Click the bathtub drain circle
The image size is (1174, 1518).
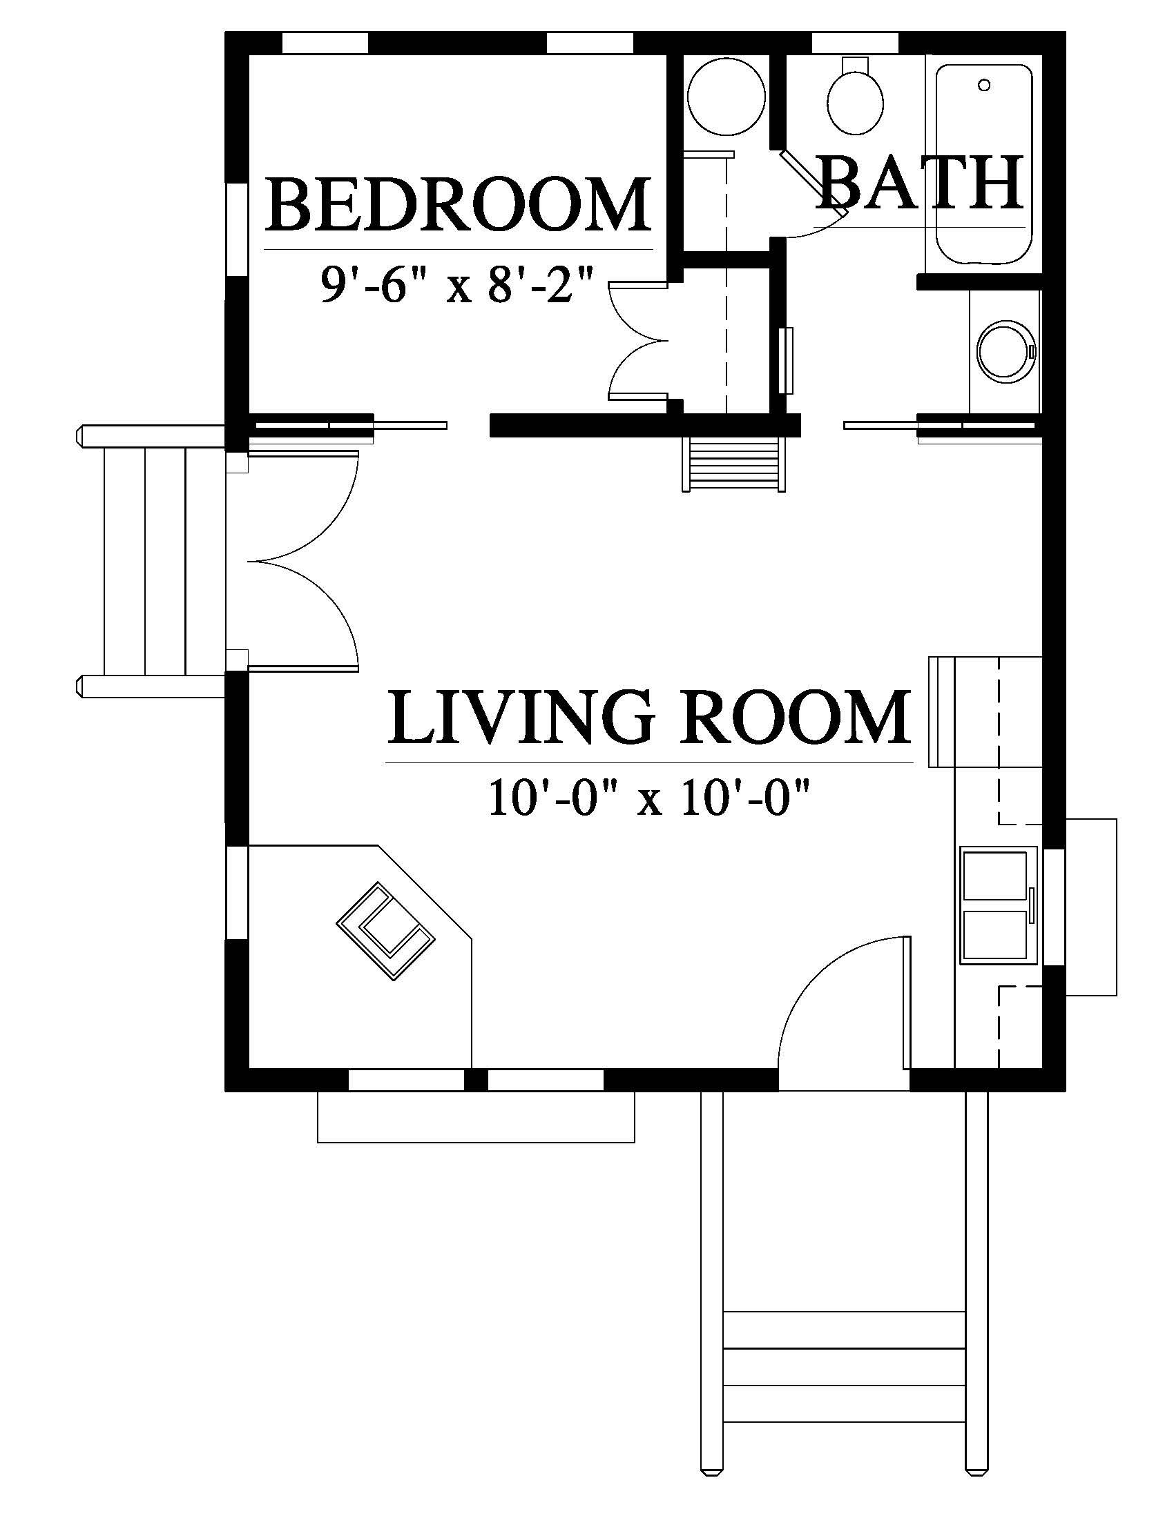pos(983,85)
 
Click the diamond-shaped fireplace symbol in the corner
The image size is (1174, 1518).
pos(386,931)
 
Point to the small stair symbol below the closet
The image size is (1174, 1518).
pos(733,464)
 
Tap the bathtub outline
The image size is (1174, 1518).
pos(983,164)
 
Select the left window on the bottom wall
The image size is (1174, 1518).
pos(405,1080)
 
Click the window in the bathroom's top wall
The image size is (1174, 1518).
pos(855,42)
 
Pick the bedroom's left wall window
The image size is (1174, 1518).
pos(237,229)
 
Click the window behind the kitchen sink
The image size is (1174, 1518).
pos(1055,907)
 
